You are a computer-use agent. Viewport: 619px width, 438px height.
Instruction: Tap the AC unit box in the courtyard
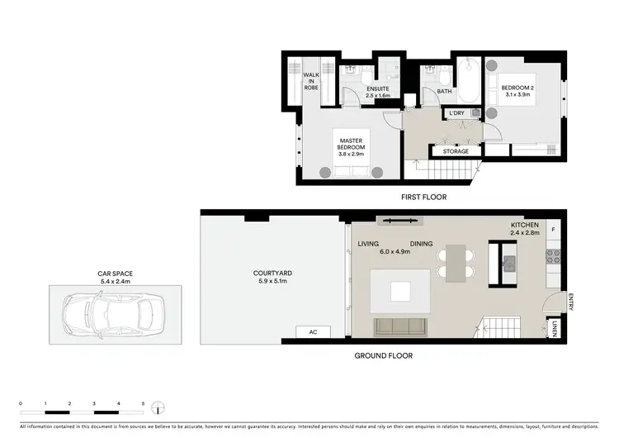[x=313, y=332]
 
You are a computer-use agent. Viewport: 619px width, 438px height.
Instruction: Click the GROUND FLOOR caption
[x=384, y=356]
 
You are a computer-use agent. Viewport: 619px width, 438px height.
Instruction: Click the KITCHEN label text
[x=524, y=226]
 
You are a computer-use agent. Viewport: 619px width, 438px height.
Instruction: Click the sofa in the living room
[x=401, y=327]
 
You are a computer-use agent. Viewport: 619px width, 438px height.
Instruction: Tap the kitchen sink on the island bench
[x=508, y=264]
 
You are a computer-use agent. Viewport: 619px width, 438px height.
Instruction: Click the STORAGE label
[x=456, y=151]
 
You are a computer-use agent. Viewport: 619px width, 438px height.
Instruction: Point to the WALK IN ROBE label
[x=311, y=81]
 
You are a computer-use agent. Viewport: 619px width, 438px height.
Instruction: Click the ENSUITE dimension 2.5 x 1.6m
[x=378, y=96]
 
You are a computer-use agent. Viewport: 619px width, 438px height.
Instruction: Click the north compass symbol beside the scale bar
[x=160, y=407]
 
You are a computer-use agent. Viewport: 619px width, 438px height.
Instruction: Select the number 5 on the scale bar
[x=143, y=402]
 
